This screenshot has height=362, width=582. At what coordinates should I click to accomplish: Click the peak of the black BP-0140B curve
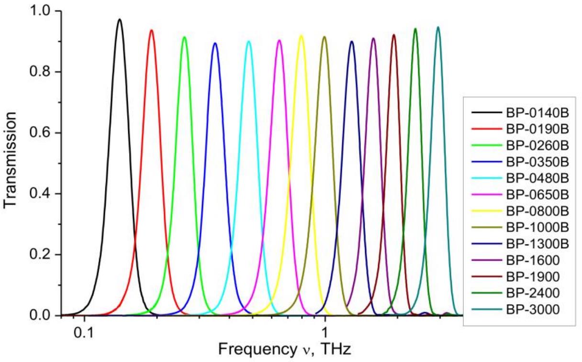120,20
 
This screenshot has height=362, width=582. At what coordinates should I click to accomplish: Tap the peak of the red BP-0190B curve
152,30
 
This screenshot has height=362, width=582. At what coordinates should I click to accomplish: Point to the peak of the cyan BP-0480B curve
248,41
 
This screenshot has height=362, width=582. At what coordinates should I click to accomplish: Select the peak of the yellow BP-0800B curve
301,35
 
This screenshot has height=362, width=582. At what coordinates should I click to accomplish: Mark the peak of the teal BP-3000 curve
437,27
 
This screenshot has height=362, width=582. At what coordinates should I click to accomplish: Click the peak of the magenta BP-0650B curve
280,40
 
